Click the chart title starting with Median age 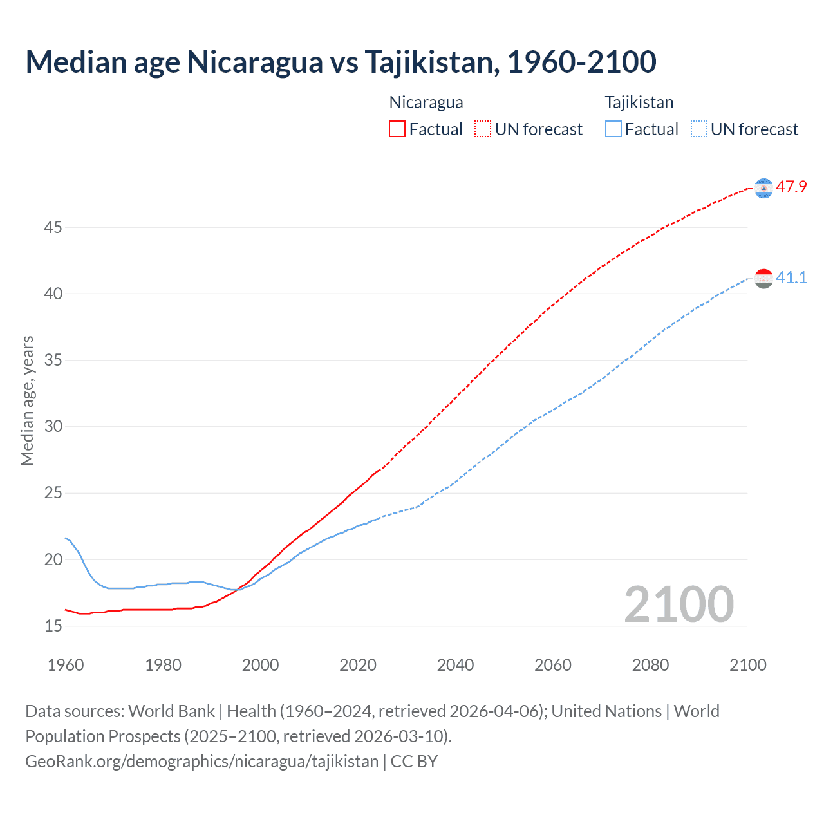pos(341,62)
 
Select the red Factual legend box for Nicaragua pos(397,129)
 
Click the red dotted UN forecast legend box pos(483,129)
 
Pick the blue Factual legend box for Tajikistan pos(613,129)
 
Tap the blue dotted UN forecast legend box pos(699,129)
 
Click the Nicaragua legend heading pos(426,102)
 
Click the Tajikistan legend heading pos(639,102)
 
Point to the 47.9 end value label pos(791,187)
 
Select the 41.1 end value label pos(791,278)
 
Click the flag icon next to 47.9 pos(763,188)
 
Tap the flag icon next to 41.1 pos(763,279)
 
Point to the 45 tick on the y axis pos(53,227)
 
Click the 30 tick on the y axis pos(53,426)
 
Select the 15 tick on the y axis pos(53,626)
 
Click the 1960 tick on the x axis pos(66,665)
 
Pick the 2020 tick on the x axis pos(358,665)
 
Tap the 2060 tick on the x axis pos(553,665)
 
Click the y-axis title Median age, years pos(27,400)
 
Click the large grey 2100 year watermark pos(679,604)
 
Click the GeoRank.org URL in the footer pos(201,762)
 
